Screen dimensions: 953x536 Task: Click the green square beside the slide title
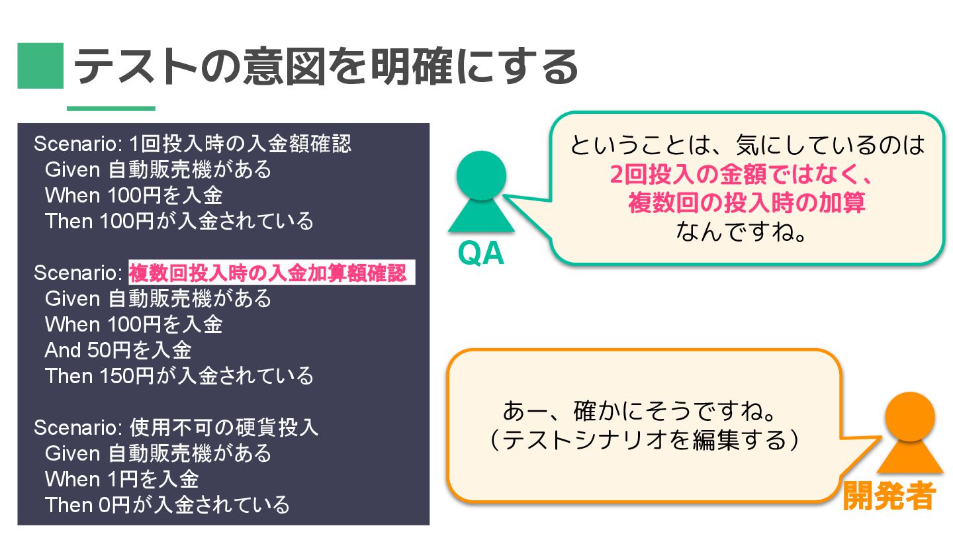[40, 66]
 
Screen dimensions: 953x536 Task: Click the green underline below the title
[111, 109]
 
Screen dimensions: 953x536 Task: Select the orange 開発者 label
[889, 496]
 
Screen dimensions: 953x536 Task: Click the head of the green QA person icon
[481, 175]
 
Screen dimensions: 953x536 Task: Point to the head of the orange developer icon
[910, 416]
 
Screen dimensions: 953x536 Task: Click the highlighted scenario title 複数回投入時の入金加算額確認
[268, 273]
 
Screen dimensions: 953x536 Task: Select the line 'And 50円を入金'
[118, 350]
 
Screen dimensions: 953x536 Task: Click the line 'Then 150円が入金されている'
[179, 376]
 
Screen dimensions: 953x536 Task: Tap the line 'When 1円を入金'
[122, 478]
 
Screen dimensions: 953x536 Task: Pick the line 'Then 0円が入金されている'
[167, 505]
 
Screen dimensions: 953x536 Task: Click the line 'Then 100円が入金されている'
[179, 220]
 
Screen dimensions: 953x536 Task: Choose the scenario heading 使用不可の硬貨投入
[224, 427]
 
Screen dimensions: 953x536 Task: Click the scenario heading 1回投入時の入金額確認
[240, 144]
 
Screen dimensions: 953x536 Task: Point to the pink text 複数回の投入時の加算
[747, 202]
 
